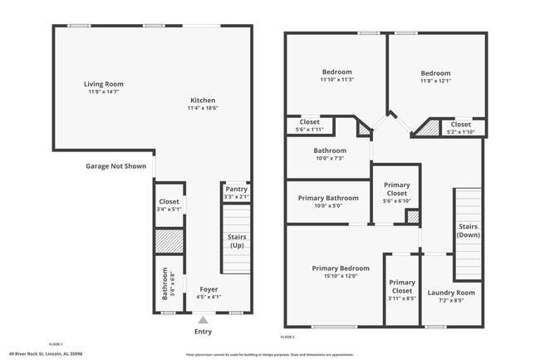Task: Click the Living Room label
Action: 104,84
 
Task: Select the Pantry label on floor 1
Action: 236,190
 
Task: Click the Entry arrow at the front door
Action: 203,318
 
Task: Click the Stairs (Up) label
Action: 237,242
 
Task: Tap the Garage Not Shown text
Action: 115,165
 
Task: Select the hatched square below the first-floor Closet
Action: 169,241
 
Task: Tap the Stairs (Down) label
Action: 467,230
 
